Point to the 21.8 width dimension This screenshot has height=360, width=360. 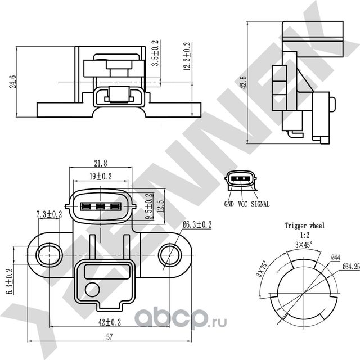(101, 164)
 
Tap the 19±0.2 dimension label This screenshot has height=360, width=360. (101, 176)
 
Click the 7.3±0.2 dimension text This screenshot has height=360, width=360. (49, 214)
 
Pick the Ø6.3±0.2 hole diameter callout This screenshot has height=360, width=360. (197, 225)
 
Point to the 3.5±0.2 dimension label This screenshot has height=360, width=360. (156, 53)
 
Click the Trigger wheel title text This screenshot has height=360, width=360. (304, 226)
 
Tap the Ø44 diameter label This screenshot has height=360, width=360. (336, 258)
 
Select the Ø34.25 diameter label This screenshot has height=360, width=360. (350, 267)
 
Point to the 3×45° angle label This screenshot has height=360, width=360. (304, 245)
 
